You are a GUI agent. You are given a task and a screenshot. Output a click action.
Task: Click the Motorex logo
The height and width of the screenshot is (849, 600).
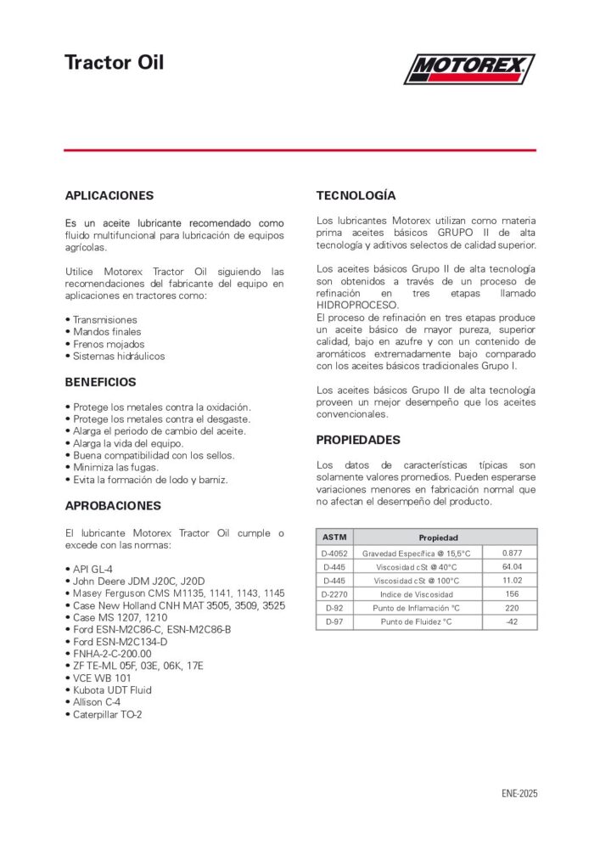(x=468, y=69)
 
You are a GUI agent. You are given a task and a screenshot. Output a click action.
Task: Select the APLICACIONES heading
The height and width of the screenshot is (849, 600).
(x=109, y=195)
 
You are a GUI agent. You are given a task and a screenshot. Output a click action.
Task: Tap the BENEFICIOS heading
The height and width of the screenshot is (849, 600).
(x=100, y=382)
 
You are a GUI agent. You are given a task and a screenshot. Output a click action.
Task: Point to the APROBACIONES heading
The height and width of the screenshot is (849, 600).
(x=113, y=505)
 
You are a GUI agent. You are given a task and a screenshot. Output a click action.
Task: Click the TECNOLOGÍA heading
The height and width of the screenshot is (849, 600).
(x=356, y=195)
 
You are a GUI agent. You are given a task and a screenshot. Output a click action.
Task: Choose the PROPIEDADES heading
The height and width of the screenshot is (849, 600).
(x=358, y=440)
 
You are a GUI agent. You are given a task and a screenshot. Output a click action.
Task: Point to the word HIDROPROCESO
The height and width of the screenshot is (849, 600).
(x=357, y=305)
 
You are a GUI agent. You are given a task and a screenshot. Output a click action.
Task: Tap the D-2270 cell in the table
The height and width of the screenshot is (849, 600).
(x=334, y=594)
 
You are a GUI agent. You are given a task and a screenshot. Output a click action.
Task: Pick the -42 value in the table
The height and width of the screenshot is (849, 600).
(x=511, y=621)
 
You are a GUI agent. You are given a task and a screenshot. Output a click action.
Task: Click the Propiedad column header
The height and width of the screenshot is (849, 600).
(x=438, y=537)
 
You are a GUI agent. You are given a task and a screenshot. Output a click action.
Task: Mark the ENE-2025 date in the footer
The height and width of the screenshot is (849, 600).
(x=519, y=794)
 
